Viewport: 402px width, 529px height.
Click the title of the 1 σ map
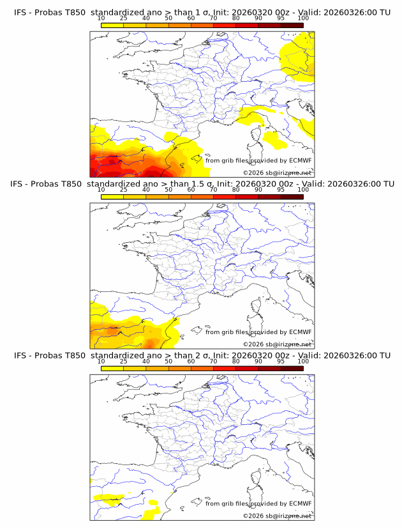202,11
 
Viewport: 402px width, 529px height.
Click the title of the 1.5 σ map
202,183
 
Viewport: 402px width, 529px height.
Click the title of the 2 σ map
202,355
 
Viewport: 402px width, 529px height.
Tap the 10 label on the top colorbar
101,19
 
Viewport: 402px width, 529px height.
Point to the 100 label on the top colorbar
303,19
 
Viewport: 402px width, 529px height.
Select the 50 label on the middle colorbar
168,190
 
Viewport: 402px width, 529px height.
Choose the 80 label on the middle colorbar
235,190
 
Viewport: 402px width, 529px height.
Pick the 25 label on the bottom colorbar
123,362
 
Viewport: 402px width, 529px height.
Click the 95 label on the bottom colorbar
281,362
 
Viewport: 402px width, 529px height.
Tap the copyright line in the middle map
278,344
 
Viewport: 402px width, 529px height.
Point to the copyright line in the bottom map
278,516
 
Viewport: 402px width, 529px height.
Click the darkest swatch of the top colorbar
292,25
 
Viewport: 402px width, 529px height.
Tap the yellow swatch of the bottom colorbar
112,369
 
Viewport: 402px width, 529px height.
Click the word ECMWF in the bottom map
300,503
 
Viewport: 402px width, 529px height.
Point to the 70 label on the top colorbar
213,19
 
